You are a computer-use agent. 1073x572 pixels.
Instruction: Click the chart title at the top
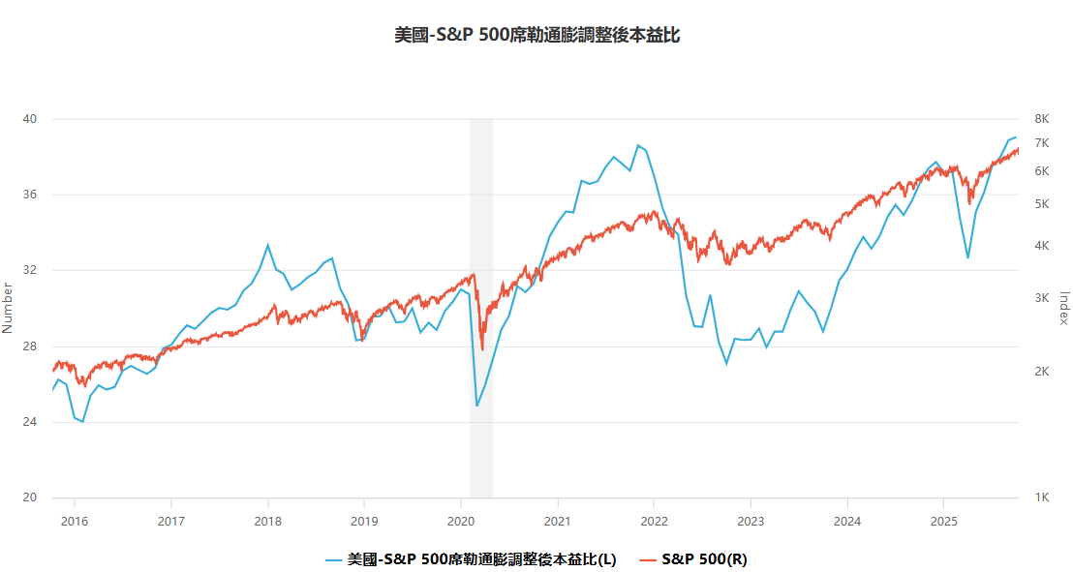click(536, 36)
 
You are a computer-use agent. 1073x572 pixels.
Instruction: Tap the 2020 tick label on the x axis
click(461, 521)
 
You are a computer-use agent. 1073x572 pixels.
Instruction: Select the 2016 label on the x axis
click(74, 521)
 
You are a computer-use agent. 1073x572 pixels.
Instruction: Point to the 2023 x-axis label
click(751, 521)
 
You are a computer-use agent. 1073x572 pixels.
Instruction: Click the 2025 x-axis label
click(944, 521)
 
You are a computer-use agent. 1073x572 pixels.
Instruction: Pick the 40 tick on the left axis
click(30, 119)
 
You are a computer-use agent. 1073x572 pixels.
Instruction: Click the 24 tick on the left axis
click(30, 422)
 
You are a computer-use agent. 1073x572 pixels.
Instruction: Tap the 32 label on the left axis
click(30, 271)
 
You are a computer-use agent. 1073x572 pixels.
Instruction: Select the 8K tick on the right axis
click(1042, 119)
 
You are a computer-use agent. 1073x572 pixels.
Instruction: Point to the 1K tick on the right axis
click(1042, 497)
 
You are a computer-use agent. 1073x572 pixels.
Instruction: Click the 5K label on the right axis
click(1042, 204)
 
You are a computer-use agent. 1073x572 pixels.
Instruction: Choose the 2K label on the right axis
click(1042, 372)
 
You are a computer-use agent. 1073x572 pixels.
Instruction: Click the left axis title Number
click(8, 308)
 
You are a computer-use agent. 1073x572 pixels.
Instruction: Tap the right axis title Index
click(1063, 308)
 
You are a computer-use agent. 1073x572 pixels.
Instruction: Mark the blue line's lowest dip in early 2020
click(476, 406)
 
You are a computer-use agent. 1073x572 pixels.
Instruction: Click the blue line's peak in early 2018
click(268, 245)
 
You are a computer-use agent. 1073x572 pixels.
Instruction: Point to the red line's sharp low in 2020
click(482, 349)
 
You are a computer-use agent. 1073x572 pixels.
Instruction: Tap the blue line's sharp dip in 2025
click(967, 258)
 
